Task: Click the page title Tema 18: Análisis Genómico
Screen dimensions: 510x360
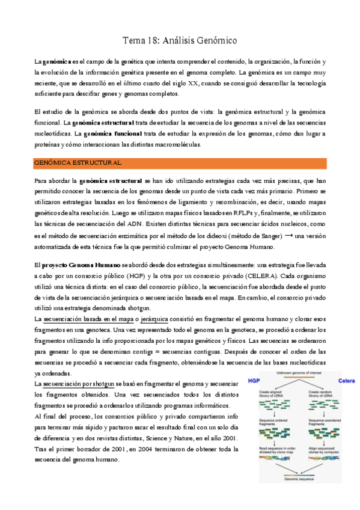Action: (x=180, y=41)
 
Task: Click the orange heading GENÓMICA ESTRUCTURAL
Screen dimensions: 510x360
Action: (x=78, y=163)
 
